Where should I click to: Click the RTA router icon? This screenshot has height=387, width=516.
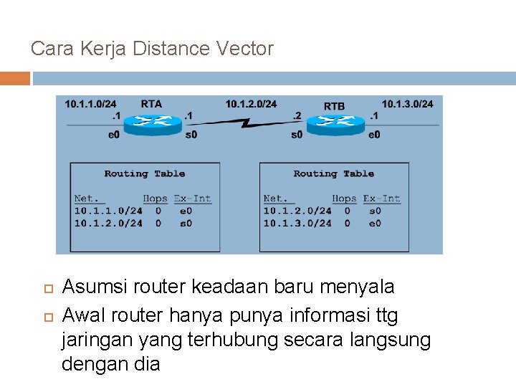152,123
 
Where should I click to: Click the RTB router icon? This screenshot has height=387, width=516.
334,123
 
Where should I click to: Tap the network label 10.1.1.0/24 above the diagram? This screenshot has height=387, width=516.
90,104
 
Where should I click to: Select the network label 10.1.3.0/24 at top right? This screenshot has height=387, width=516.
407,104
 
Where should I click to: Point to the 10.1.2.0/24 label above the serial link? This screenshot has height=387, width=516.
251,104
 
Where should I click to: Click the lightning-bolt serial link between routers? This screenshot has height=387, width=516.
244,123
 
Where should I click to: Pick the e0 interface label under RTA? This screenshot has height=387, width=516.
114,134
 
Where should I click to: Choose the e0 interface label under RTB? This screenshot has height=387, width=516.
374,134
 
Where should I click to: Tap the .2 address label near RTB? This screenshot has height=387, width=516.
297,115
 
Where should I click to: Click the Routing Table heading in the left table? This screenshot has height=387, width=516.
145,173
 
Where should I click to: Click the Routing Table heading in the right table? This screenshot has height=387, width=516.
334,173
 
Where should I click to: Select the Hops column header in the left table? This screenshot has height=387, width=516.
155,199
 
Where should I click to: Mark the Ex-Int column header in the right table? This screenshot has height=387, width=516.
381,199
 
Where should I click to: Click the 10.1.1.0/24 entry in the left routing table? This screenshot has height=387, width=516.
108,211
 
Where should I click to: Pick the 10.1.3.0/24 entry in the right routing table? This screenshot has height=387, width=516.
297,223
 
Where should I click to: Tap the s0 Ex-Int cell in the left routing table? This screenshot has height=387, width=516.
186,223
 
